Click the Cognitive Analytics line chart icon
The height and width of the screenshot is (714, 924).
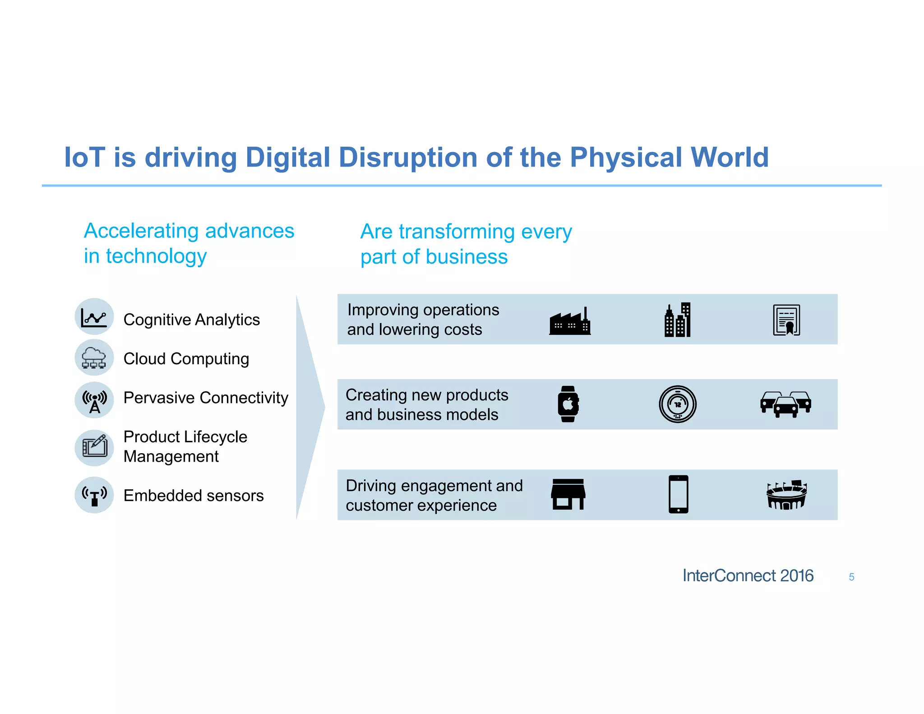[94, 316]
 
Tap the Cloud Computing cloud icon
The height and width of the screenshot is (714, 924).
[94, 357]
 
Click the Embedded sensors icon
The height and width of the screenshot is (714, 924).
[94, 495]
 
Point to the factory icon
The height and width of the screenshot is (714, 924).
[570, 322]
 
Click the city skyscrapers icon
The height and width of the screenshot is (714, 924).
[678, 320]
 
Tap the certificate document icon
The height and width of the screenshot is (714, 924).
[786, 320]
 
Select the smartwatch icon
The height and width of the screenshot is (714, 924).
[568, 404]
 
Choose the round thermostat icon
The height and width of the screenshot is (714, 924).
[678, 404]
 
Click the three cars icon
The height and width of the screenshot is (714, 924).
[785, 404]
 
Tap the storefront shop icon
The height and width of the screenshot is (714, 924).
[568, 494]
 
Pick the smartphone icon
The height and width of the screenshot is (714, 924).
[678, 494]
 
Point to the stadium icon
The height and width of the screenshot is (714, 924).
[786, 495]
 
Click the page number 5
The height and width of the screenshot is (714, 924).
[851, 577]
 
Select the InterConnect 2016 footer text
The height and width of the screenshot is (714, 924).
[748, 575]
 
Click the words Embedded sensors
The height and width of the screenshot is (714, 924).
[194, 496]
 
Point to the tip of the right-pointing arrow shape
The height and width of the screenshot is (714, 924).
[324, 407]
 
